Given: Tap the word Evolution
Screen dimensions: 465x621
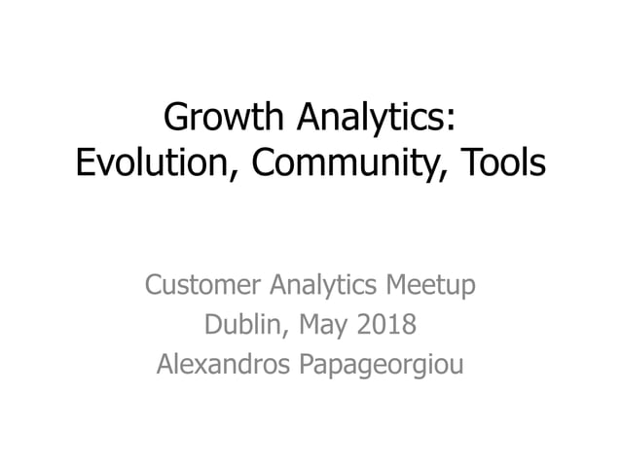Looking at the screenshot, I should coord(150,163).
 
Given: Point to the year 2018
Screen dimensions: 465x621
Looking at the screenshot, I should coord(380,325).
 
